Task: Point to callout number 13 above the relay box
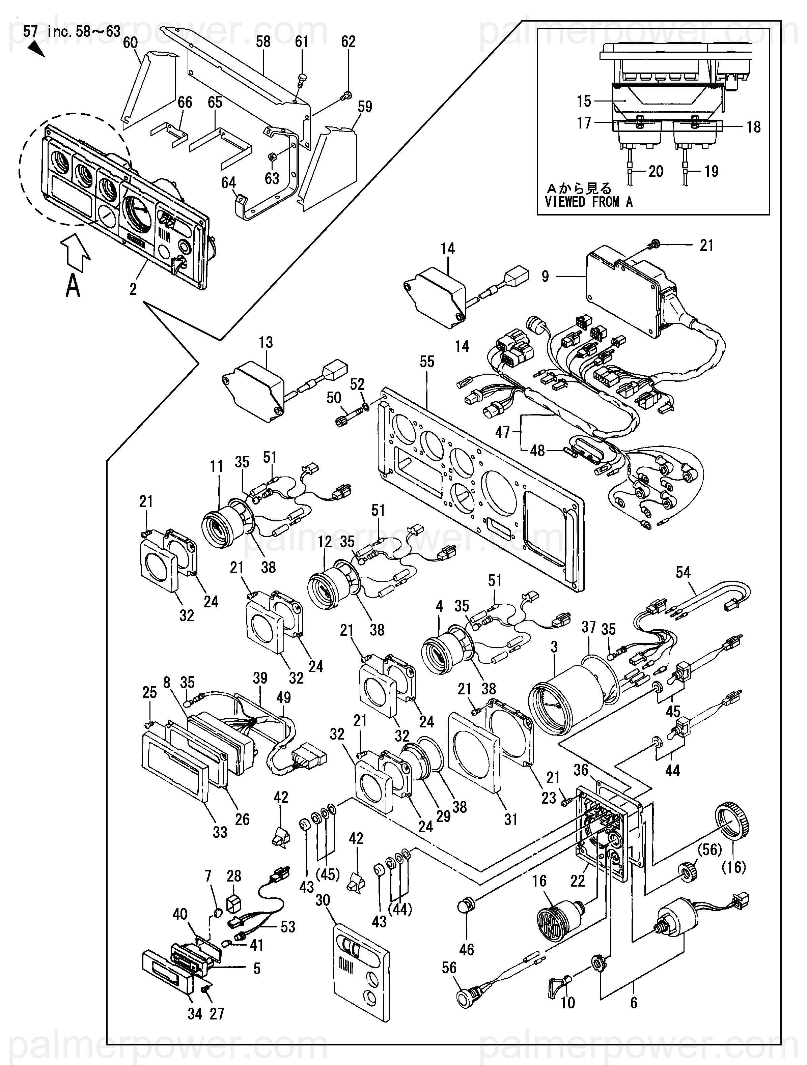point(266,342)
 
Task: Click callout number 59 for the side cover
point(365,107)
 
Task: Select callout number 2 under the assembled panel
point(133,289)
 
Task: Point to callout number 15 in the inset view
point(584,101)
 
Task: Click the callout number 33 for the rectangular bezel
point(220,832)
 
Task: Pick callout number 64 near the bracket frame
point(228,183)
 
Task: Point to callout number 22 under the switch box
point(577,881)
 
